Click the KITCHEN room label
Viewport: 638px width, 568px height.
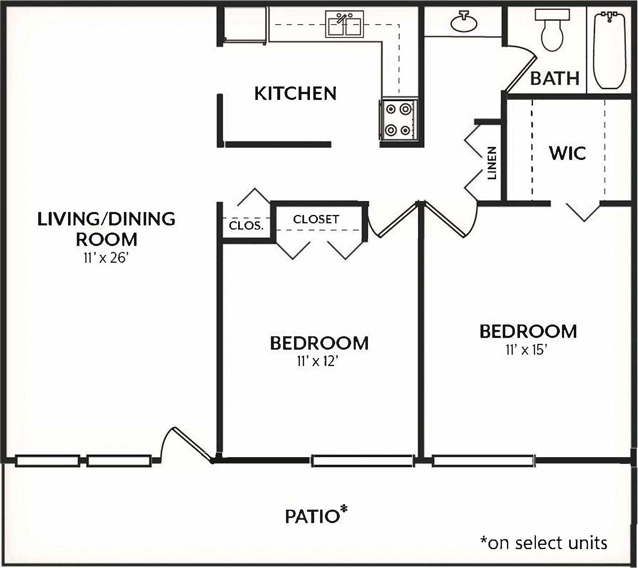295,94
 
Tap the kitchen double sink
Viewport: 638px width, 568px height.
344,24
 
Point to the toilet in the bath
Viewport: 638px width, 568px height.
552,30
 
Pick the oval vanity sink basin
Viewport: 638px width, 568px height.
464,22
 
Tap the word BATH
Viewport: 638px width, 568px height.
554,79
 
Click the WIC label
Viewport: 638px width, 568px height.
567,153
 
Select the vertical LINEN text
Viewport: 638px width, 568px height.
491,163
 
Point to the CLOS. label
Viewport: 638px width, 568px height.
246,225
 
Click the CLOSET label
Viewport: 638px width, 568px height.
316,219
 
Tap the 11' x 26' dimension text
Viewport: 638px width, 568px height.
106,258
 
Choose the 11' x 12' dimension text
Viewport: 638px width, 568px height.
317,361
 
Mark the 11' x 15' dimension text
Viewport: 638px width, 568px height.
527,349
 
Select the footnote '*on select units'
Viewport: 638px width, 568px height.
544,543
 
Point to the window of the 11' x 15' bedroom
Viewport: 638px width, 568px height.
484,461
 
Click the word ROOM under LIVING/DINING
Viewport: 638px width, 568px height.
106,240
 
